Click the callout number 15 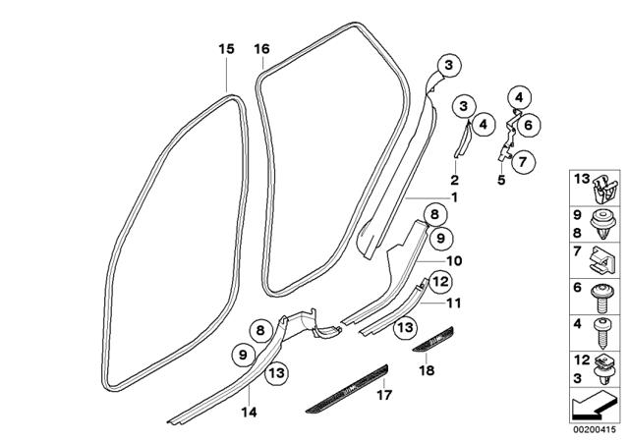click(x=226, y=49)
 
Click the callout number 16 click(x=262, y=49)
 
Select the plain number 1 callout click(x=454, y=197)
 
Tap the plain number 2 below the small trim click(x=454, y=180)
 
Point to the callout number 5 click(x=501, y=180)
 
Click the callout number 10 click(x=454, y=261)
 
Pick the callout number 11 click(x=454, y=303)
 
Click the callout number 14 click(x=249, y=412)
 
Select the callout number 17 click(x=384, y=396)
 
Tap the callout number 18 click(x=427, y=370)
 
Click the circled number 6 click(x=528, y=125)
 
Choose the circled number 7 click(x=522, y=162)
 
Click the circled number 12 click(x=440, y=282)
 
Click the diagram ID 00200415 click(x=594, y=429)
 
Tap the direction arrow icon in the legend click(x=594, y=404)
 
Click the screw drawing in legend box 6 click(x=603, y=298)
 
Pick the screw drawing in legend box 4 click(x=601, y=333)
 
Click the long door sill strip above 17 click(x=347, y=389)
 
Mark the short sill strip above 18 click(x=432, y=339)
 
